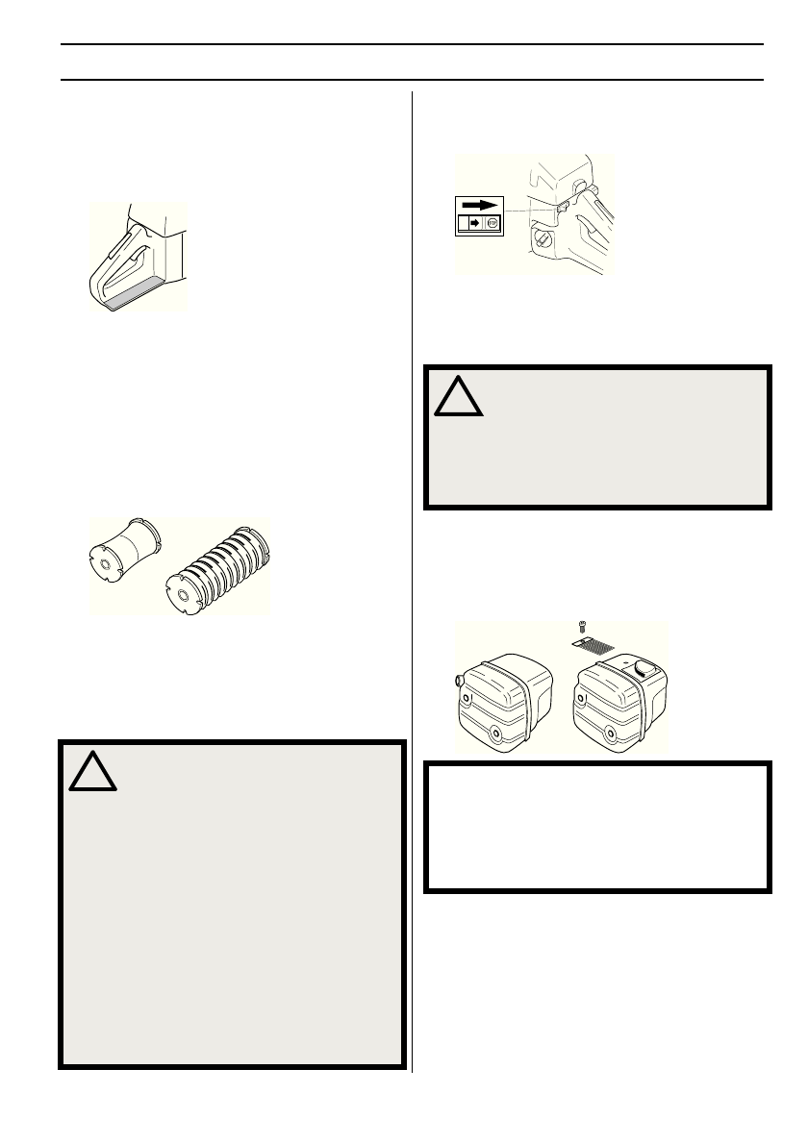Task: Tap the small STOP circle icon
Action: coord(492,222)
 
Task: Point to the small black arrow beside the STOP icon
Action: coord(472,222)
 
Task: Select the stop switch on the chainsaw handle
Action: coord(559,204)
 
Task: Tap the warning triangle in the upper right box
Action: coord(458,394)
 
